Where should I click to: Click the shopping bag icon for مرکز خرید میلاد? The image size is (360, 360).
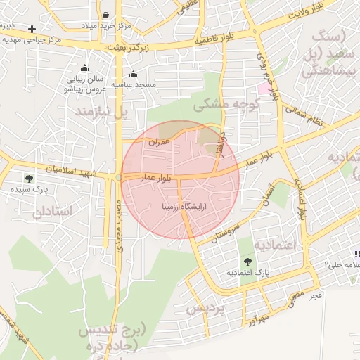(x=105, y=14)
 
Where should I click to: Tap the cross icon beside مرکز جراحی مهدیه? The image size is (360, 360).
(x=32, y=29)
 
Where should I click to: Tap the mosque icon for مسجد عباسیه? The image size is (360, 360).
(x=133, y=75)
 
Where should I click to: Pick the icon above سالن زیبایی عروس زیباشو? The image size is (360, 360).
(x=85, y=68)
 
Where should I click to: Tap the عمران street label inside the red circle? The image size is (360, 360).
(x=160, y=142)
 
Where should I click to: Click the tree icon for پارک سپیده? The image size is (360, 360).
(x=28, y=179)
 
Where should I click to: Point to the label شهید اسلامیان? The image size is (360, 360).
(x=74, y=169)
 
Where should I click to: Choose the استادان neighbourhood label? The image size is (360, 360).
(x=53, y=210)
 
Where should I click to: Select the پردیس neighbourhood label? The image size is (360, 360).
(x=206, y=308)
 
